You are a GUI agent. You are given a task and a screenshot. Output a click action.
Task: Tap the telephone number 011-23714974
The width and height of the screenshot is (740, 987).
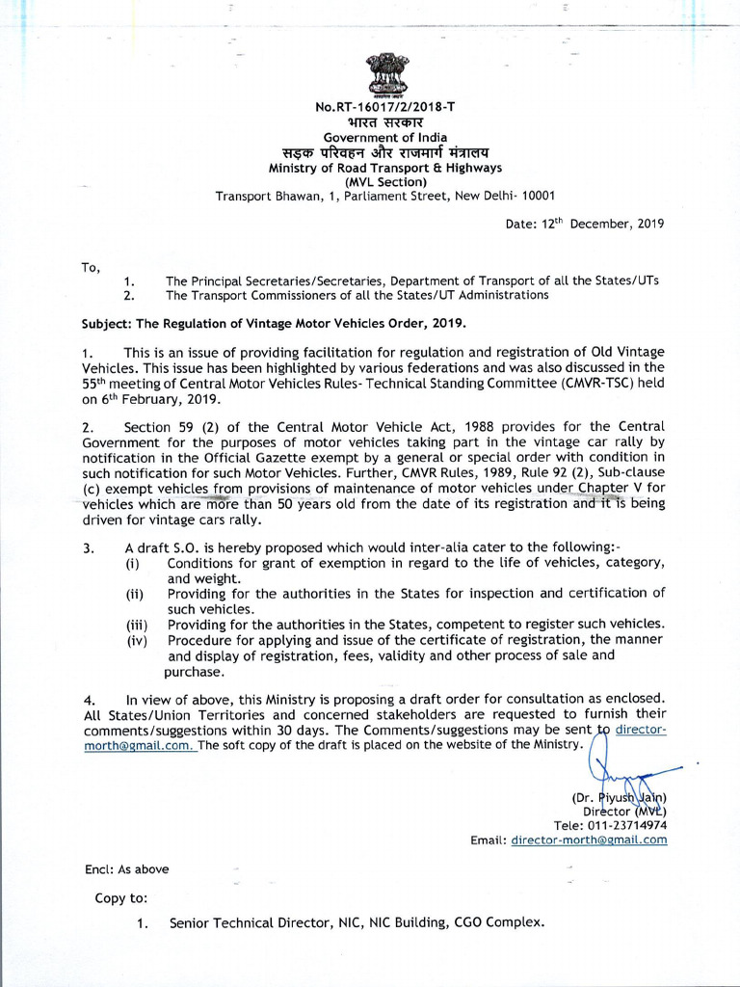click(627, 825)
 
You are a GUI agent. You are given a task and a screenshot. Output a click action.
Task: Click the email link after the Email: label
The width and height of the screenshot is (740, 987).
click(589, 840)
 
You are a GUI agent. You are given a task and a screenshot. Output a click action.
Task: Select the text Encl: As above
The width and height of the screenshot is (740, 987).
click(126, 868)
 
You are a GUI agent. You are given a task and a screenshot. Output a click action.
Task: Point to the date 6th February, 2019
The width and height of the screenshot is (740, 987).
click(158, 398)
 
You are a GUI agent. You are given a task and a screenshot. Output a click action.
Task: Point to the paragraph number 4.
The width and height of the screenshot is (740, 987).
click(88, 698)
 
